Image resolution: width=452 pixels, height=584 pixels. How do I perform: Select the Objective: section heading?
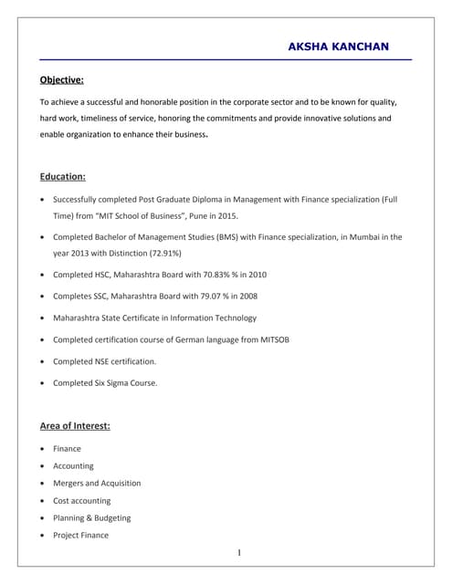tap(62, 79)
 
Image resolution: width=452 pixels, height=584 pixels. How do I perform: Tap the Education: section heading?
tap(63, 176)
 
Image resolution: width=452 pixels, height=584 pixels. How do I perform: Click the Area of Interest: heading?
tap(75, 425)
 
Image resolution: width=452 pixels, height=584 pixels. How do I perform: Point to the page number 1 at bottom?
tap(237, 553)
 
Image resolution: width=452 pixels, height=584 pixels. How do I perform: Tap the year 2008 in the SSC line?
tap(247, 296)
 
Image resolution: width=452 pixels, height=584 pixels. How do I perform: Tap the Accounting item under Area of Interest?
tap(73, 465)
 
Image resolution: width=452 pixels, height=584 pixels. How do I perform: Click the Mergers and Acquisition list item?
tap(97, 483)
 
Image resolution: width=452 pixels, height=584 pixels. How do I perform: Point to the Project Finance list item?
tap(80, 535)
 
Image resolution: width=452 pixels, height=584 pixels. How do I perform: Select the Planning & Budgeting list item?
tap(91, 517)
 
